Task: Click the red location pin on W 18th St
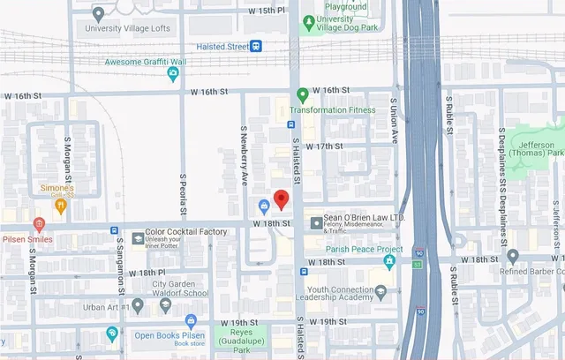(x=281, y=199)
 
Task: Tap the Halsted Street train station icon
(x=255, y=46)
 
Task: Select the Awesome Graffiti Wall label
(x=146, y=62)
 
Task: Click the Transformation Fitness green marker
(x=302, y=94)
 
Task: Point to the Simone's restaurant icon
(x=60, y=206)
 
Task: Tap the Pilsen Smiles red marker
(x=39, y=225)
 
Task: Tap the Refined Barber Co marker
(x=513, y=257)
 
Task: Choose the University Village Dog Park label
(x=341, y=24)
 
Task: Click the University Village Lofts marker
(x=98, y=13)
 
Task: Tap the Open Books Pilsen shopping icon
(x=191, y=321)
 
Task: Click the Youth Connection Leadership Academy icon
(x=380, y=292)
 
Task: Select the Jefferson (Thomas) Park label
(x=537, y=149)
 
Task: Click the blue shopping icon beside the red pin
(x=263, y=206)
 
